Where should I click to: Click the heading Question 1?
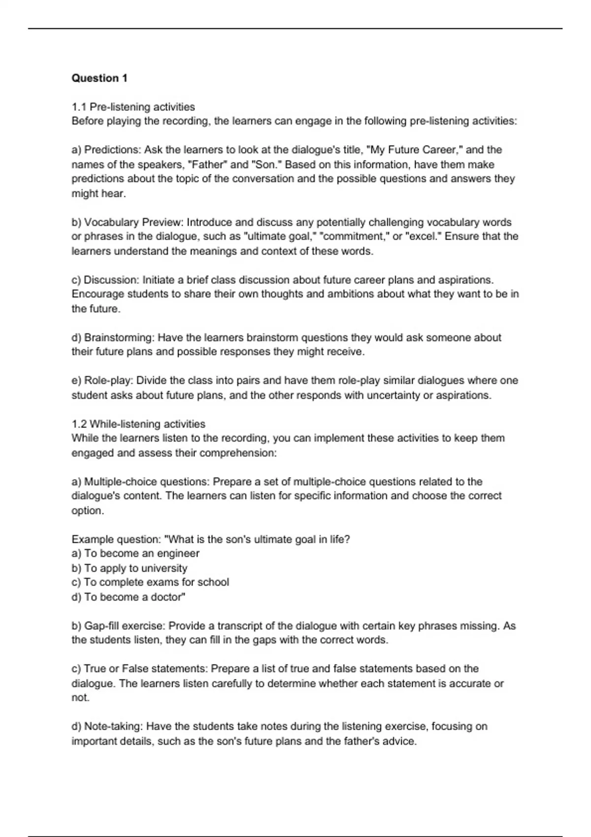point(99,78)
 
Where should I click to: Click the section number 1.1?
point(79,107)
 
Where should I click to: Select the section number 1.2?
point(79,424)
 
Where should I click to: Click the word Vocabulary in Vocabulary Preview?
point(111,222)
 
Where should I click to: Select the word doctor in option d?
point(168,597)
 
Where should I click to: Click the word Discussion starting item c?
point(111,280)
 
